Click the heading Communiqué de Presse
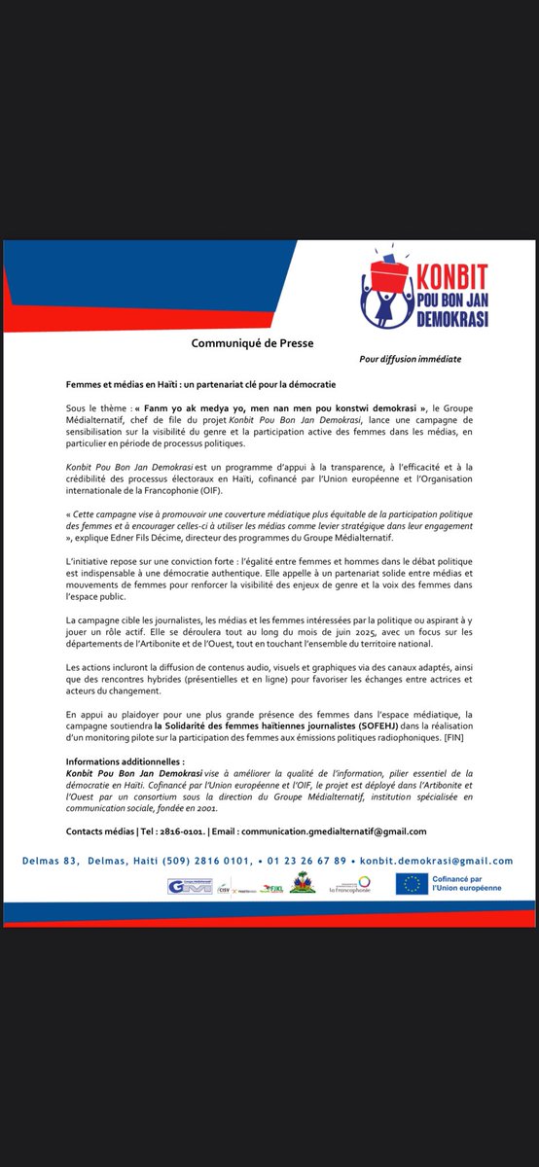252,342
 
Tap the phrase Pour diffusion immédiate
410,359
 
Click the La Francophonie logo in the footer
350,884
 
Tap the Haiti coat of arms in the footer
304,884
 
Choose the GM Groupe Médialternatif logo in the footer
190,885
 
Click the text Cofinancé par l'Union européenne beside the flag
472,883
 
